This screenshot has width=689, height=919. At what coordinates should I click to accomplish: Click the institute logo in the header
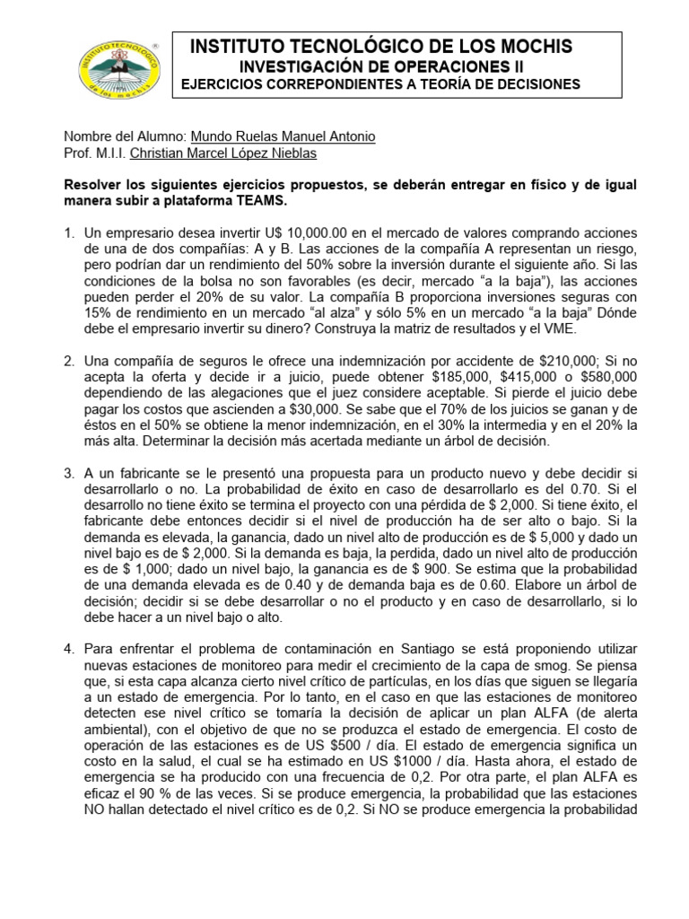coord(114,71)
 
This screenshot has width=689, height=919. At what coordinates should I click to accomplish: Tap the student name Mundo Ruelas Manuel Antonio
coord(284,136)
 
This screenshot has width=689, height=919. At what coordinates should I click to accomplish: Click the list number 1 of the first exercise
coord(68,234)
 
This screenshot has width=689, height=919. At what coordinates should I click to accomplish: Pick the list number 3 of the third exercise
coord(68,473)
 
